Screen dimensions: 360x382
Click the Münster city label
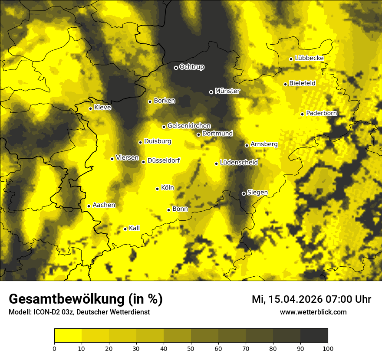227,91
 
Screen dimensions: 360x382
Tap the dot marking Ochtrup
176,68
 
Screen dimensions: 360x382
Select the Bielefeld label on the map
302,83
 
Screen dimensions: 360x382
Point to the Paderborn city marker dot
302,114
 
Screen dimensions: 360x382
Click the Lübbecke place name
309,58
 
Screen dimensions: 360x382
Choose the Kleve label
102,108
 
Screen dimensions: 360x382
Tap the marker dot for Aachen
89,206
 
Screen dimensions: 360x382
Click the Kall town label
134,228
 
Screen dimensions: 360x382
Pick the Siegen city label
257,193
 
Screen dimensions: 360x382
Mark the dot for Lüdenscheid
216,164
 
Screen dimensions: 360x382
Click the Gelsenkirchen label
189,126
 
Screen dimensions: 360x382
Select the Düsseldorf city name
164,161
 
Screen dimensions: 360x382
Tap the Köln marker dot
157,189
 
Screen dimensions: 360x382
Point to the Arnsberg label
264,144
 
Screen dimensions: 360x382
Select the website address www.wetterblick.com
313,312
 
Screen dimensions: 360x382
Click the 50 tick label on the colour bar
191,348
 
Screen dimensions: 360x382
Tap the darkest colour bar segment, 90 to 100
314,336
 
